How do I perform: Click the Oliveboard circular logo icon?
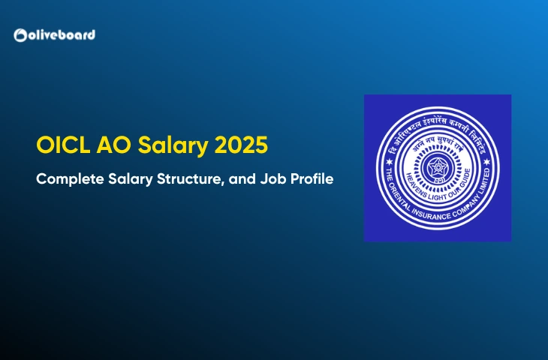[x=21, y=34]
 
